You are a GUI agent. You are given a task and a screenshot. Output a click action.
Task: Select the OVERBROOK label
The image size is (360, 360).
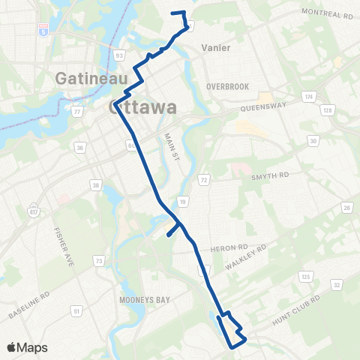point(227,86)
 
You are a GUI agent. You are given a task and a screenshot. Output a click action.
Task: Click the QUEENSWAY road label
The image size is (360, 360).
point(263,107)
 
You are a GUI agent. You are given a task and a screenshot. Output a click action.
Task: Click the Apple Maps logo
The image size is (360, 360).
point(27,347)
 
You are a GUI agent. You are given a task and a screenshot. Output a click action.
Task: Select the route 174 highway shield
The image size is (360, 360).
point(307,97)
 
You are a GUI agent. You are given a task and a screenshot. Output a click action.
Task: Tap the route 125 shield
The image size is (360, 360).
point(305,277)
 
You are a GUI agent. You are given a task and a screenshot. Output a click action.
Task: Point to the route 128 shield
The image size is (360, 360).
point(326,111)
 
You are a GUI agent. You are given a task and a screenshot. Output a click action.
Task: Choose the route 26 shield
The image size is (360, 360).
point(346,208)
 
